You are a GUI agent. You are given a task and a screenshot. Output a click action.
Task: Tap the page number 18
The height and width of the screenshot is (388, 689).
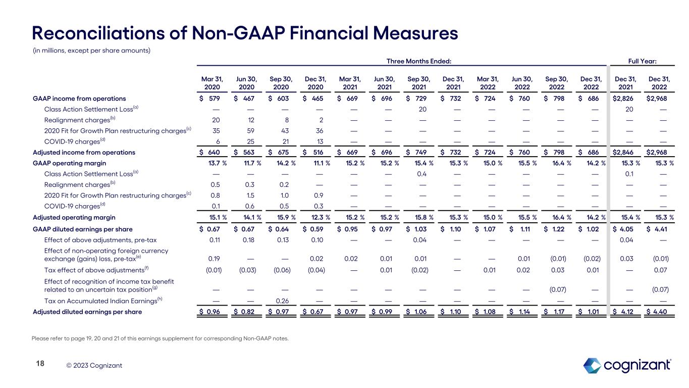click(39, 364)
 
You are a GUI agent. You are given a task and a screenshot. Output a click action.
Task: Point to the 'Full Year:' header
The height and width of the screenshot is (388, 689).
click(648, 61)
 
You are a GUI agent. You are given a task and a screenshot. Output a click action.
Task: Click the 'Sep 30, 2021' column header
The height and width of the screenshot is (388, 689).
click(418, 82)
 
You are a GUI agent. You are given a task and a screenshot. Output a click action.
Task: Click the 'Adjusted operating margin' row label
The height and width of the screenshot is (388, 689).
click(74, 218)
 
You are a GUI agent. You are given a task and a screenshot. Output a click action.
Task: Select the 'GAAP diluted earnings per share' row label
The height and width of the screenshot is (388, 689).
click(82, 229)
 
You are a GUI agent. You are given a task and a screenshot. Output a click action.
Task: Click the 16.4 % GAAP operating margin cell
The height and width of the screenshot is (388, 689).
click(558, 163)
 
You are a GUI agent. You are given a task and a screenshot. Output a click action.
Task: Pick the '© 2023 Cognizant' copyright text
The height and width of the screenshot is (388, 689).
click(94, 365)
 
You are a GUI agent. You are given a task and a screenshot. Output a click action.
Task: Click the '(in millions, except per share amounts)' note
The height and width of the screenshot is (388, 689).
click(91, 51)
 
